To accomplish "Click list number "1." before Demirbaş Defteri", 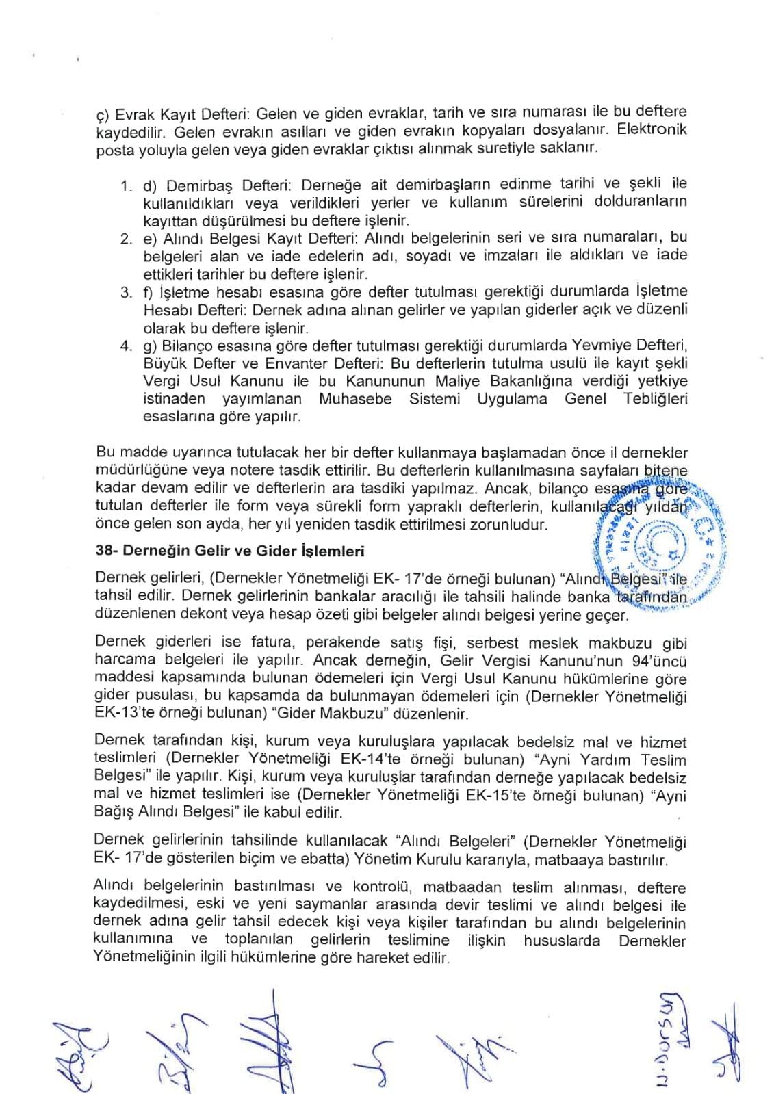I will [126, 185].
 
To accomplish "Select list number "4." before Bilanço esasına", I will [126, 346].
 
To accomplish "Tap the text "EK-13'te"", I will [121, 714].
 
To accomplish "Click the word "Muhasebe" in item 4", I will [354, 400].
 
